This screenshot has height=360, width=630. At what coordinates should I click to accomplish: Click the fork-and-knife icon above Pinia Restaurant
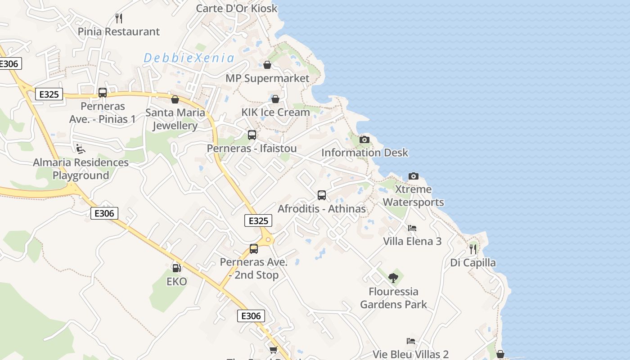click(x=119, y=18)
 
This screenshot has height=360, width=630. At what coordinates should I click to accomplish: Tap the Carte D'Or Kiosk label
click(x=237, y=8)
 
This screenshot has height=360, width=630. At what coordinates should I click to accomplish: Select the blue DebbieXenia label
click(x=189, y=58)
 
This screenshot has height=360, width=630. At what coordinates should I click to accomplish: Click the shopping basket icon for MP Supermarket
click(x=267, y=65)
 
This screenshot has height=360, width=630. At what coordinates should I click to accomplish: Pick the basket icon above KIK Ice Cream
click(x=275, y=99)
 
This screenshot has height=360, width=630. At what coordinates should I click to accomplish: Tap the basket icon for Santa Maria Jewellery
click(x=175, y=99)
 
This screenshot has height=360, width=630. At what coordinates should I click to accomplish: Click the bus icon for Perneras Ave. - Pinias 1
click(x=103, y=93)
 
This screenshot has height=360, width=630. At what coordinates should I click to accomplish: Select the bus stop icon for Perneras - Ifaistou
click(x=252, y=135)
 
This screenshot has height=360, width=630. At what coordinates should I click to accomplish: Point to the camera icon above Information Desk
click(x=364, y=140)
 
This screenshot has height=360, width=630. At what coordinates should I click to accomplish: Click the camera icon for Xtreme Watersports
click(x=413, y=176)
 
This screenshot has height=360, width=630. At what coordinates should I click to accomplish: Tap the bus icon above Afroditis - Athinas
click(x=322, y=195)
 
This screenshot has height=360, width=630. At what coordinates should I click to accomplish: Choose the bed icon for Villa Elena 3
click(x=412, y=228)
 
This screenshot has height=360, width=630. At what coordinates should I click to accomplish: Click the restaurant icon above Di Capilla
click(x=473, y=249)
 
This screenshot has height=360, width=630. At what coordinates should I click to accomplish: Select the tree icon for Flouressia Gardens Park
click(x=393, y=278)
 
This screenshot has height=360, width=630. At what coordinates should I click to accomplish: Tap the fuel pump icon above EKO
click(x=177, y=268)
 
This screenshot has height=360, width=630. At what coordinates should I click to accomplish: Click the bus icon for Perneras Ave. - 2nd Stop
click(x=254, y=249)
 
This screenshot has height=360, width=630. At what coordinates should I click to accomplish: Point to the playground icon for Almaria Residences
click(x=81, y=149)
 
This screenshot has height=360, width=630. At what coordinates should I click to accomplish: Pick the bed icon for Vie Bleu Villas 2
click(x=410, y=341)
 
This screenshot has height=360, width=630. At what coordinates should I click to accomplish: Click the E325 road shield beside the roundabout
click(x=258, y=220)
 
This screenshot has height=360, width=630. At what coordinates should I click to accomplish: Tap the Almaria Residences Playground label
click(x=81, y=169)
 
